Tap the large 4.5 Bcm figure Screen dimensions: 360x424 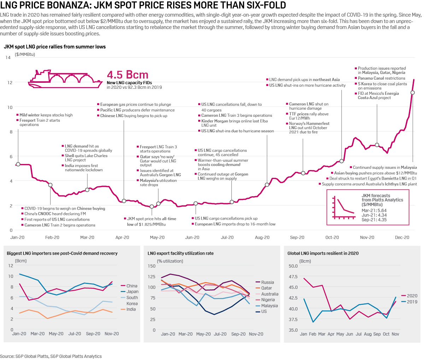pyautogui.click(x=128, y=75)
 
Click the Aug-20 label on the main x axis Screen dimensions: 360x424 pyautogui.click(x=262, y=237)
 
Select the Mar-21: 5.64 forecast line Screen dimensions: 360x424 pyautogui.click(x=374, y=210)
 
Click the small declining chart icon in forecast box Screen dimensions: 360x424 pyautogui.click(x=343, y=208)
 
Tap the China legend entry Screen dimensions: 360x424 pyautogui.click(x=131, y=286)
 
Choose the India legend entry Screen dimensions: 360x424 pyautogui.click(x=131, y=309)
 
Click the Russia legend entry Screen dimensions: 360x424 pyautogui.click(x=267, y=282)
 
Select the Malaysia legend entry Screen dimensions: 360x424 pyautogui.click(x=269, y=306)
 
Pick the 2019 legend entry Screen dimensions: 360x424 pyautogui.click(x=412, y=302)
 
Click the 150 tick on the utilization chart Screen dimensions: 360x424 pyautogui.click(x=151, y=266)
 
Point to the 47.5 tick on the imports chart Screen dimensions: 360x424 pyautogui.click(x=293, y=277)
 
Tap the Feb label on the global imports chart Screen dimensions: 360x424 pyautogui.click(x=312, y=334)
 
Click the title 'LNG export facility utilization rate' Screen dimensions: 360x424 pyautogui.click(x=181, y=253)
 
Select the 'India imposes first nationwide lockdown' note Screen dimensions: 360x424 pyautogui.click(x=83, y=168)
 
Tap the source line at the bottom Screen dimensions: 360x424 pyautogui.click(x=51, y=356)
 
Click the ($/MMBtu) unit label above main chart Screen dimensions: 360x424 pyautogui.click(x=25, y=54)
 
